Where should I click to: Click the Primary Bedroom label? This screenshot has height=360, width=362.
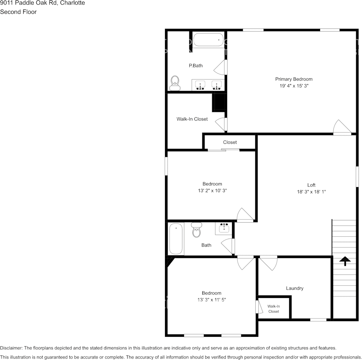coord(294,79)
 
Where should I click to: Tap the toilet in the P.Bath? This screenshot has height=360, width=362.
coord(175,83)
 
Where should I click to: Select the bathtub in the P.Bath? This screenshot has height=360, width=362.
coord(208,40)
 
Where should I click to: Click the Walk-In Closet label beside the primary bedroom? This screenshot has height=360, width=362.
coord(192,119)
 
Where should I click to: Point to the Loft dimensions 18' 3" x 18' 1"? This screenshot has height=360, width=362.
coord(311,192)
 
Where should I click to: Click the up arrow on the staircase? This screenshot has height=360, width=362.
coord(345,261)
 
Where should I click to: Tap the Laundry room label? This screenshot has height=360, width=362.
coord(295,288)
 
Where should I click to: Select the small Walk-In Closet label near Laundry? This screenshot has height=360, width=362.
coord(274,309)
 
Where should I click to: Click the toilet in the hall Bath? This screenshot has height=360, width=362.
coord(197,230)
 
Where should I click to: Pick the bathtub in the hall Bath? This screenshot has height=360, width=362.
coord(176,239)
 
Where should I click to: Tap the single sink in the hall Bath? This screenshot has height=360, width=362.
coord(224,228)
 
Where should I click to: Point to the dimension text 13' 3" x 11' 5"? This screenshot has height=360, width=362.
coord(211,300)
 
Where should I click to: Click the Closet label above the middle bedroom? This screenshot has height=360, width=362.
coord(230,142)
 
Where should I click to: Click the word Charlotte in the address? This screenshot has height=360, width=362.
coord(72,3)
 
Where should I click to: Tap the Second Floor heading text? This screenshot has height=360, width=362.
coord(18,12)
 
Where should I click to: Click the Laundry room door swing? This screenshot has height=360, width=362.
coord(269,263)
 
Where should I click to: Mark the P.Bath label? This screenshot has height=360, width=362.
coord(196,65)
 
